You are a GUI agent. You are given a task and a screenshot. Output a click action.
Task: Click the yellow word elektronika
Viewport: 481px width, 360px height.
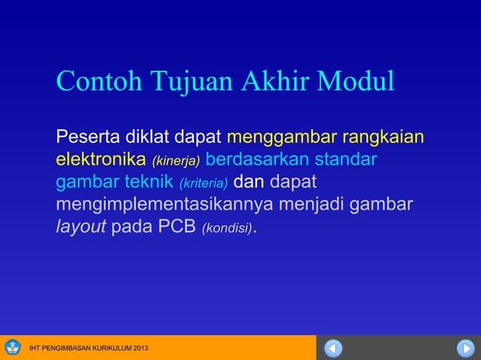101,160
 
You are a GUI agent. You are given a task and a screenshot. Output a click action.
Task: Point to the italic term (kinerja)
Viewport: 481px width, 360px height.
176,161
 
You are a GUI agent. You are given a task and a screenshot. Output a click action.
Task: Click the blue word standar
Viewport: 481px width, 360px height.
347,160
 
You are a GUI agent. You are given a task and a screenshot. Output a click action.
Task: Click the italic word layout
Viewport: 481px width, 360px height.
81,227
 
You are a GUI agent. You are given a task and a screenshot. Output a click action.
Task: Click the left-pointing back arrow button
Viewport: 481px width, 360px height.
333,349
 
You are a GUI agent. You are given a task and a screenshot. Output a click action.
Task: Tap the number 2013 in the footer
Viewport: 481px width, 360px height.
136,349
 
